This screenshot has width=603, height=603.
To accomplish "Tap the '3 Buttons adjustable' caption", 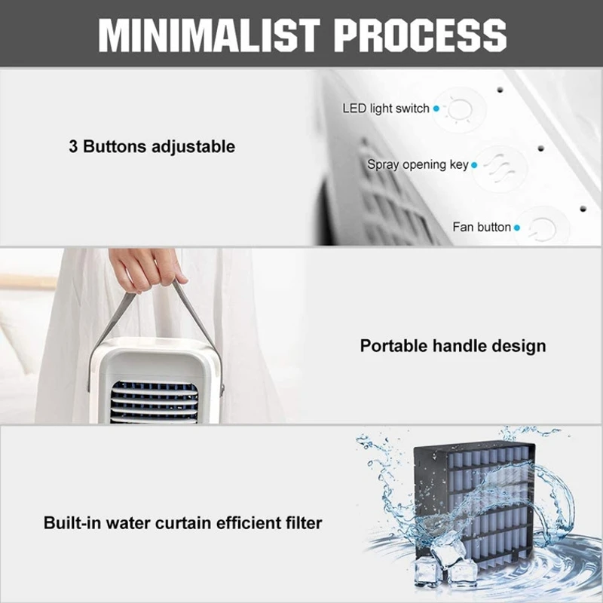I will click(152, 146).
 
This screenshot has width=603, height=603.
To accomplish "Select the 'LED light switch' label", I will click(385, 109).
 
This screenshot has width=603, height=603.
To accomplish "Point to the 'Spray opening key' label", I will click(418, 164).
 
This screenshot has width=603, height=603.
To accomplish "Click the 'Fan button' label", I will click(482, 227).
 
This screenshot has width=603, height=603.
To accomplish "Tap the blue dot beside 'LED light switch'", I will click(436, 109).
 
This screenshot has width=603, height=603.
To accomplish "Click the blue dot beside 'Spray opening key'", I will click(474, 165).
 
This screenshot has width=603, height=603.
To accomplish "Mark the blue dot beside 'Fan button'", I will click(517, 228).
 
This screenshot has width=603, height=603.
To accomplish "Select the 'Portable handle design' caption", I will click(452, 347).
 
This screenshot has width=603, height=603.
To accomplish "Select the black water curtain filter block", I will click(482, 497).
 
